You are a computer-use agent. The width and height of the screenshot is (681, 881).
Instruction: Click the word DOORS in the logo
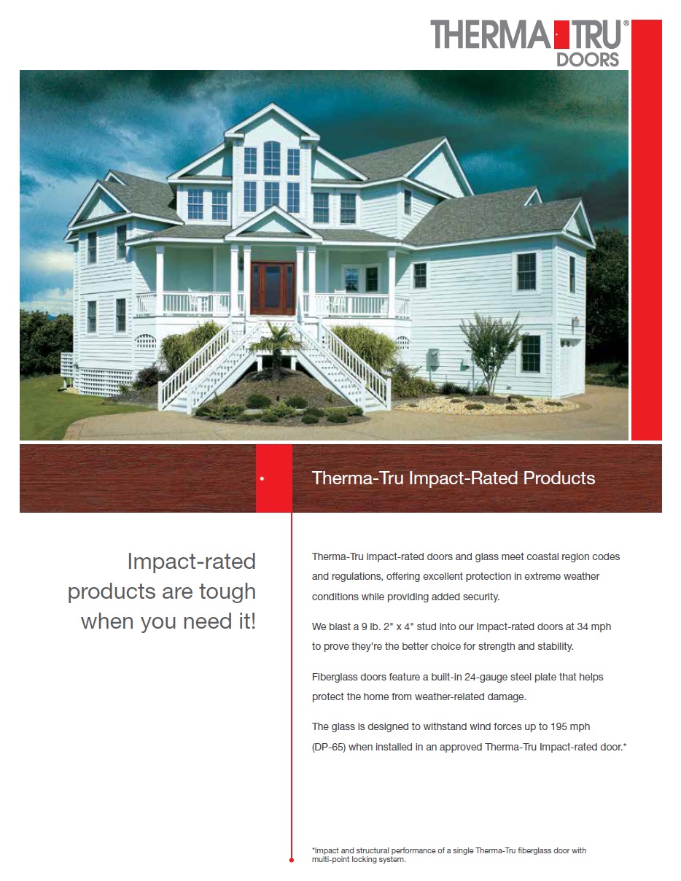(588, 59)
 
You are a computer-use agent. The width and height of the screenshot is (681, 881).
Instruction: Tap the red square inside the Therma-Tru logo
(557, 34)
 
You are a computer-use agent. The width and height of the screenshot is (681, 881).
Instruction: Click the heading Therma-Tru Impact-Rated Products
(453, 478)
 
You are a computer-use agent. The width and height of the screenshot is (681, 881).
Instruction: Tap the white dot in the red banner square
(262, 479)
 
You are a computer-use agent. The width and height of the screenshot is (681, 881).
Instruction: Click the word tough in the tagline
(227, 591)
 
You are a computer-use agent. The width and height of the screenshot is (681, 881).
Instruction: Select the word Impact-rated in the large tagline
(192, 562)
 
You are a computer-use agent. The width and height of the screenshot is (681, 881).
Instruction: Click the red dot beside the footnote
(292, 860)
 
